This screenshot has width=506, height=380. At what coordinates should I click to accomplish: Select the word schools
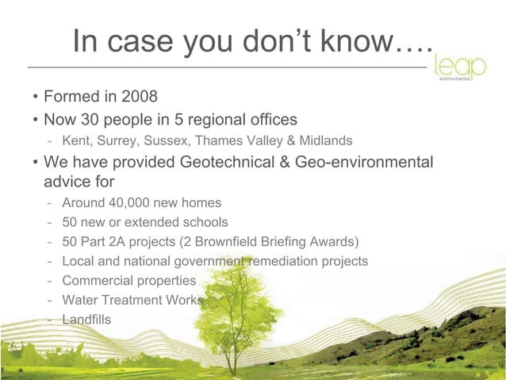(x=202, y=222)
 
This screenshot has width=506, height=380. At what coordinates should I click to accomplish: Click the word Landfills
(x=86, y=319)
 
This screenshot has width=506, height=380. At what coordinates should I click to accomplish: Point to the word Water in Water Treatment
(x=80, y=300)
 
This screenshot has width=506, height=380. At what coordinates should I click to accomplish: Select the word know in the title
(x=350, y=41)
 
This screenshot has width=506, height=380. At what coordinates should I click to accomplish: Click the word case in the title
(x=144, y=41)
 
